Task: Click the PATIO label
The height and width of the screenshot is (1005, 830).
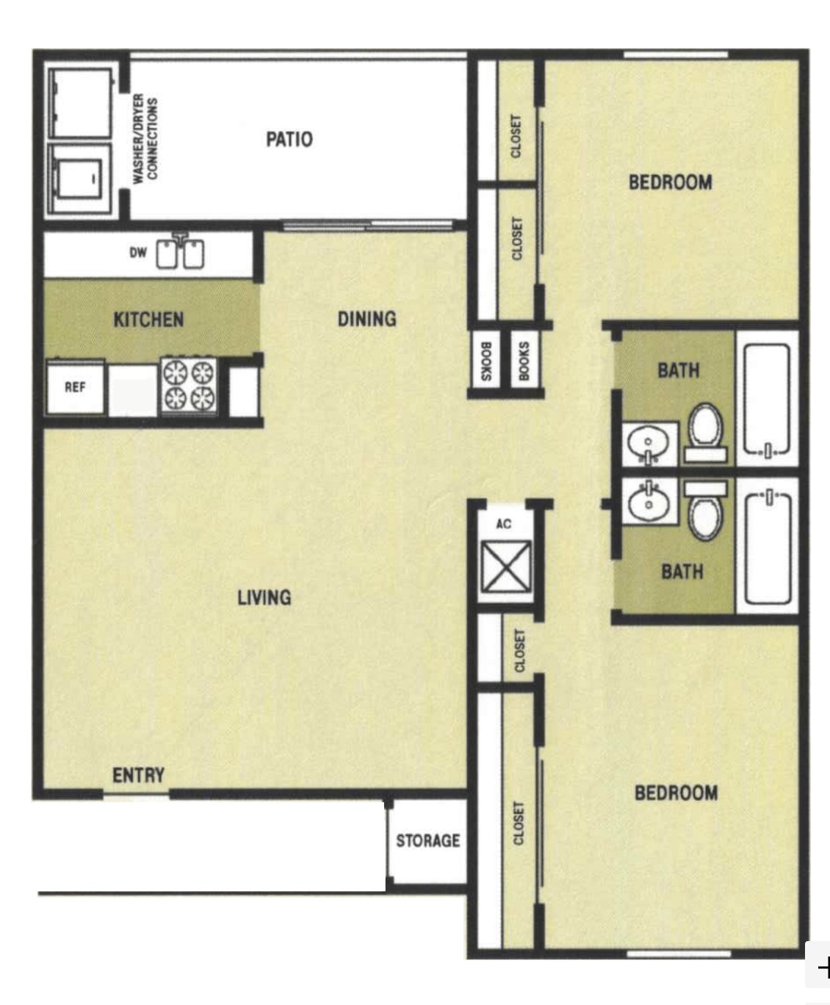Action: (289, 140)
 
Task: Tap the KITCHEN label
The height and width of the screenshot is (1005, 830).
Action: (148, 320)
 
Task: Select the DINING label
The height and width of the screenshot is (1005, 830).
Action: (367, 319)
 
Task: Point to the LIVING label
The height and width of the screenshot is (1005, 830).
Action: (264, 597)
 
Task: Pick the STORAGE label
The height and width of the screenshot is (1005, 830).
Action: (427, 840)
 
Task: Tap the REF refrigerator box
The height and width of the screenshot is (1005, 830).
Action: (75, 387)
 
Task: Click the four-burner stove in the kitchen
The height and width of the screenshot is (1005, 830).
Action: (189, 385)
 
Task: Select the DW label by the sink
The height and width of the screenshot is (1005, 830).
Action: (138, 253)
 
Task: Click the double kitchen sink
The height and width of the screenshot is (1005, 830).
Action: (180, 253)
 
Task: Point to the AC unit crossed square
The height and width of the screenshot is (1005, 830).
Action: (506, 566)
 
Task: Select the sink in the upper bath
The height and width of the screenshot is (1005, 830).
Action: (649, 444)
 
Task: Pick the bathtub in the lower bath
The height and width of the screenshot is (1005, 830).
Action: (768, 547)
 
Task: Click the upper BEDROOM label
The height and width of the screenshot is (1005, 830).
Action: (671, 182)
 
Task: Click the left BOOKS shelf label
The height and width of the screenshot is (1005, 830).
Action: (486, 361)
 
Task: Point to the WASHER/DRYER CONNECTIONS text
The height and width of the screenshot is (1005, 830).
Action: (145, 139)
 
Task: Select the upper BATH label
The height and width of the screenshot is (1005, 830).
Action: (679, 370)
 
